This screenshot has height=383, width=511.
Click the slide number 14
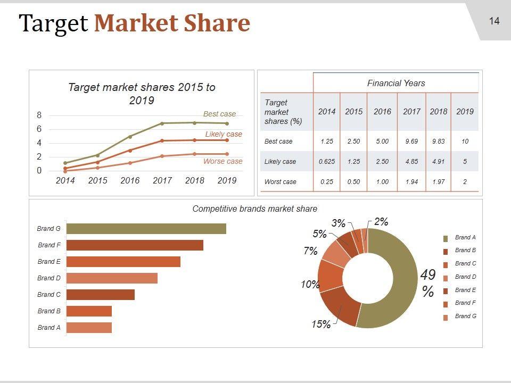coord(494,21)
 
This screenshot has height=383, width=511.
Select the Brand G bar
coord(146,229)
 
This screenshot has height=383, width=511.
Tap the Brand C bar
coord(100,295)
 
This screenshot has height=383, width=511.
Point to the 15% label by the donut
coord(321,324)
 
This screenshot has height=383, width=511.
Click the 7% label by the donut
coord(310,251)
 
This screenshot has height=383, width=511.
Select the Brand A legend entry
coord(465,237)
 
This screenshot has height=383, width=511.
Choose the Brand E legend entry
coord(465,290)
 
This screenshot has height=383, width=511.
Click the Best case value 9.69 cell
coord(411,141)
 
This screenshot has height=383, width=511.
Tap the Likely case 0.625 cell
coord(326,162)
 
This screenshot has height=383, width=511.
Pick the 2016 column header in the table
coord(382,112)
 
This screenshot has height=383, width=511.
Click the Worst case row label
coord(280,182)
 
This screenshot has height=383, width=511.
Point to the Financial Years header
coord(396,83)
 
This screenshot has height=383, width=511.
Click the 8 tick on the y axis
coord(39,115)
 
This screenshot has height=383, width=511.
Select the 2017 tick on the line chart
coord(162,180)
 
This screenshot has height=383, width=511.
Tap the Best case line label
coord(219,114)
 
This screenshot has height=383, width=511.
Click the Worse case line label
coord(222,161)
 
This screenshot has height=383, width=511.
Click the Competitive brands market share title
coord(254,209)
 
